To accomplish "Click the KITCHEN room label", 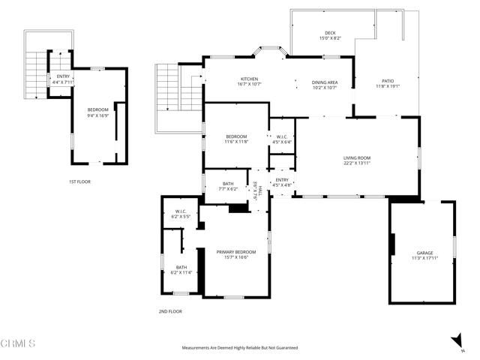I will pos(249,79).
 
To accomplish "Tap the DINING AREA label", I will pos(325,81).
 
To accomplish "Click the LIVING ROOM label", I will pos(358,157).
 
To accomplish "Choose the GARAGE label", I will pos(424,253).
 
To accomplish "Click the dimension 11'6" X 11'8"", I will pos(236,141).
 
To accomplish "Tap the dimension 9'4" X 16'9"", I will pos(97,115).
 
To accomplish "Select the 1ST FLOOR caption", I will pos(79,181).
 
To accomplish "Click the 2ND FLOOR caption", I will pos(170,311).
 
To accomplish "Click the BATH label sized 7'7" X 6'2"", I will pos(229,184).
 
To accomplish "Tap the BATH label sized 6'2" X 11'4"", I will pos(181,267).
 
